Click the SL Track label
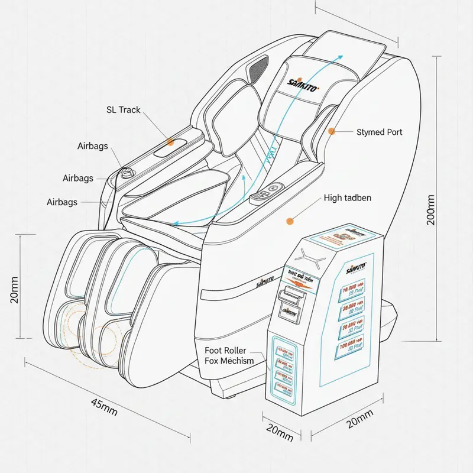coord(123,109)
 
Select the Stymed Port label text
coord(379,132)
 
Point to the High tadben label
coord(348,197)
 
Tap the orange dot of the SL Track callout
coord(170,142)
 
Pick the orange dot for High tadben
coord(290,221)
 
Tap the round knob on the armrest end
coord(125,174)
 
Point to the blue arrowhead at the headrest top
coord(339,57)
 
